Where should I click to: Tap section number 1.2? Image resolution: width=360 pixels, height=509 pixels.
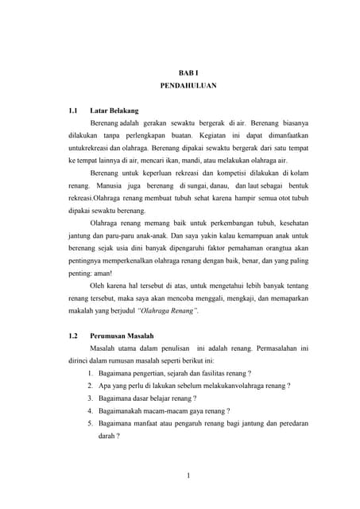[75, 336]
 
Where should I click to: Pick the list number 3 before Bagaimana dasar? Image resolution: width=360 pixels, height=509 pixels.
[91, 398]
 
